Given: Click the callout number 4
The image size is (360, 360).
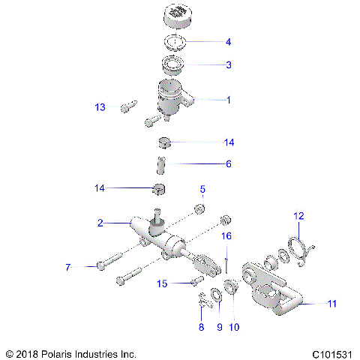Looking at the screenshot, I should (229, 43).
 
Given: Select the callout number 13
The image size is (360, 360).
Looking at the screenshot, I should (100, 107).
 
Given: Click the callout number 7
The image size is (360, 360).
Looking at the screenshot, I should (67, 267).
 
